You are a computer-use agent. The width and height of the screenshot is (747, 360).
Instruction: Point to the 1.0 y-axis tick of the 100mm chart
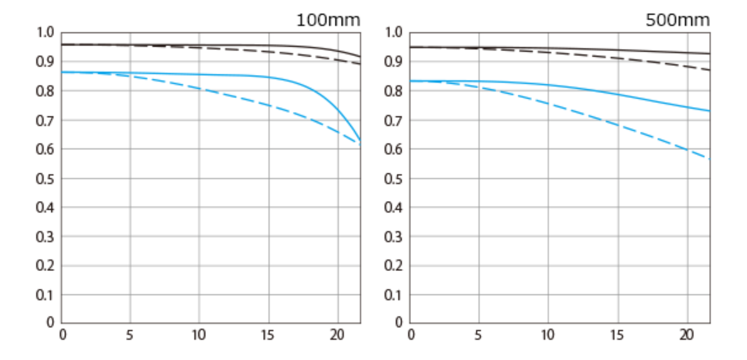coord(44,32)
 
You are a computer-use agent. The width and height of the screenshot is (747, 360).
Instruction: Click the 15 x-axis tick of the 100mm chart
coord(268,335)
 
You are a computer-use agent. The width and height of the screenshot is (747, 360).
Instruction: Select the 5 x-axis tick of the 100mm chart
coord(130,335)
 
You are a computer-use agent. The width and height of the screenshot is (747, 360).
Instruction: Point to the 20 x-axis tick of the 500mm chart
coord(685,335)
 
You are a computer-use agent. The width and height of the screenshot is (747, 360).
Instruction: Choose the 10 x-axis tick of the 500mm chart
coord(548,335)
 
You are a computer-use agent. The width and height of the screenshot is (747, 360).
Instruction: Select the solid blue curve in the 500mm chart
coord(577,88)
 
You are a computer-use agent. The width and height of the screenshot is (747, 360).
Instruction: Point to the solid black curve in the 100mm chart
coord(206,45)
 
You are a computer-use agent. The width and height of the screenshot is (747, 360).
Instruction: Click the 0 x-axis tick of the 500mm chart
coord(411,335)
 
